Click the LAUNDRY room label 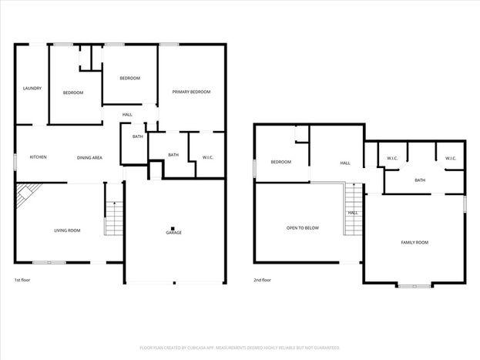[32, 88]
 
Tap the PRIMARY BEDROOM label [191, 92]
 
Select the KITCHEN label [39, 156]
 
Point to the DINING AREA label [89, 158]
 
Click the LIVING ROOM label [67, 230]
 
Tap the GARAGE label [174, 233]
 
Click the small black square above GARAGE [173, 228]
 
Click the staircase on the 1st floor [114, 218]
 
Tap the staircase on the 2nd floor [354, 209]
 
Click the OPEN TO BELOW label [303, 228]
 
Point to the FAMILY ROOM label [415, 242]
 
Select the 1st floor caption [22, 280]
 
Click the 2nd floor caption [263, 280]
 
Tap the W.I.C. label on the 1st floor [207, 157]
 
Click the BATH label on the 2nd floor [420, 180]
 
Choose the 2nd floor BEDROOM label [281, 162]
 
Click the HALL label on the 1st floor [127, 115]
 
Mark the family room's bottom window [415, 286]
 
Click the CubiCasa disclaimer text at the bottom [240, 348]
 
